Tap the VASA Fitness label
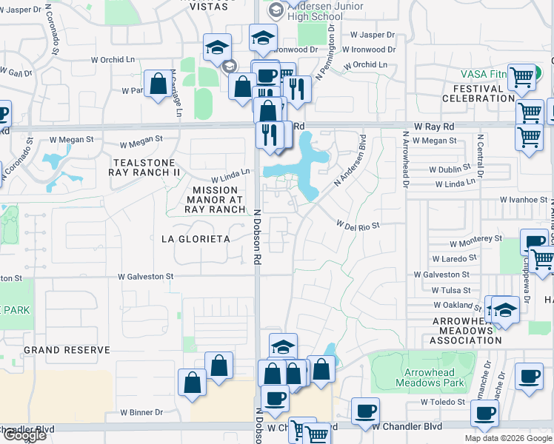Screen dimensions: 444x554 point(483,75)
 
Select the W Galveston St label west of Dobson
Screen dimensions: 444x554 point(146,276)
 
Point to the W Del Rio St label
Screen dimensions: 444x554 point(358,223)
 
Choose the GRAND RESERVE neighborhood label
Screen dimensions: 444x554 point(67,349)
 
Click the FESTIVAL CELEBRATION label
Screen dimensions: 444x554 point(478,93)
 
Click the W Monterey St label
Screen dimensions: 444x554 point(475,241)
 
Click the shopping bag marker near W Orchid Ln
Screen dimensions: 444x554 point(158,83)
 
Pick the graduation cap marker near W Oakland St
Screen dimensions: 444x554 point(505,309)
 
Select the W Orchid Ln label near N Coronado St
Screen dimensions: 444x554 point(115,60)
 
